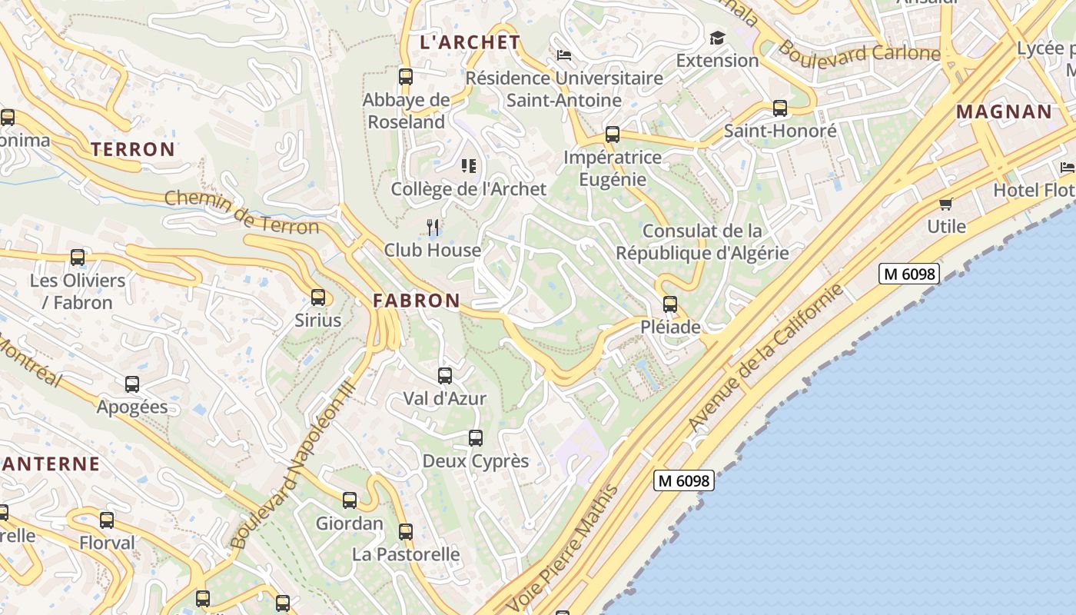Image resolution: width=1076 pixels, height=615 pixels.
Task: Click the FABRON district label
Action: click(x=417, y=301)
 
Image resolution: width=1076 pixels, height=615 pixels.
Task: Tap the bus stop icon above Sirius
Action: click(x=318, y=298)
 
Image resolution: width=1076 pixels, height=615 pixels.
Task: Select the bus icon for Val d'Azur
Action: click(x=445, y=376)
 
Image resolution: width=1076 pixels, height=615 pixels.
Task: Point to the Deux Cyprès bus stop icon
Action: click(x=476, y=438)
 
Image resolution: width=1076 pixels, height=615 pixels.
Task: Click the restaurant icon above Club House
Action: click(x=433, y=227)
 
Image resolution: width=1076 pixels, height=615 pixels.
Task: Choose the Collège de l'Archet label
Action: click(x=469, y=189)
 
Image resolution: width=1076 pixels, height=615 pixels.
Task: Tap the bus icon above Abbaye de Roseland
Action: click(x=406, y=77)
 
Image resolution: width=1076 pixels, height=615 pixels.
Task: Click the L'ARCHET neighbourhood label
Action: click(x=470, y=42)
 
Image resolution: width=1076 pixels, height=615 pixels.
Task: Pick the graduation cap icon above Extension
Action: click(x=717, y=38)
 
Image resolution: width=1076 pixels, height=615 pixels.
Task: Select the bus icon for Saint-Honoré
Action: click(x=780, y=108)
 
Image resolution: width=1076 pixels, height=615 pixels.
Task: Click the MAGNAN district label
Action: click(x=1004, y=111)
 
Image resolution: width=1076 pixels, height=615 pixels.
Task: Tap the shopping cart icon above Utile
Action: click(x=945, y=204)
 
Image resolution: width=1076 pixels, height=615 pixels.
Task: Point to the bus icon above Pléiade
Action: click(x=670, y=304)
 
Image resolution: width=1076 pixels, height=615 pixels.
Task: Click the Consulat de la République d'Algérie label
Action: click(x=702, y=241)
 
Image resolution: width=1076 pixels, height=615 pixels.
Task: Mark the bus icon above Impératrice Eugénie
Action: click(x=613, y=135)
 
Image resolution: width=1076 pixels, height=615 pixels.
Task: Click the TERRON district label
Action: click(x=134, y=149)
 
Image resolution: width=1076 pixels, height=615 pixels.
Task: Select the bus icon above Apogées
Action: click(x=132, y=384)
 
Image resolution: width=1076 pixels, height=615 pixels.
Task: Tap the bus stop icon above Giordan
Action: click(x=350, y=500)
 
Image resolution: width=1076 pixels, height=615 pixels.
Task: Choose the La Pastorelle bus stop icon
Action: click(x=406, y=531)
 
